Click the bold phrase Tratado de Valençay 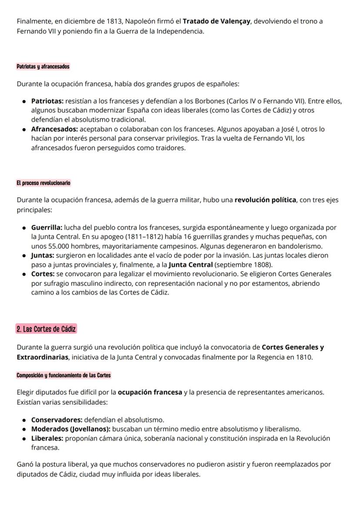(x=217, y=21)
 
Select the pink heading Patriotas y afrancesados (x=43, y=67)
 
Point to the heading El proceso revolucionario (x=43, y=183)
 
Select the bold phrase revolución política (x=265, y=200)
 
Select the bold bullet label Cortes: (x=43, y=274)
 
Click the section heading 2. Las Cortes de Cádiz (x=46, y=329)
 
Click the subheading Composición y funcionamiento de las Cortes (x=63, y=375)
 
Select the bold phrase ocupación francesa (x=150, y=392)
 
